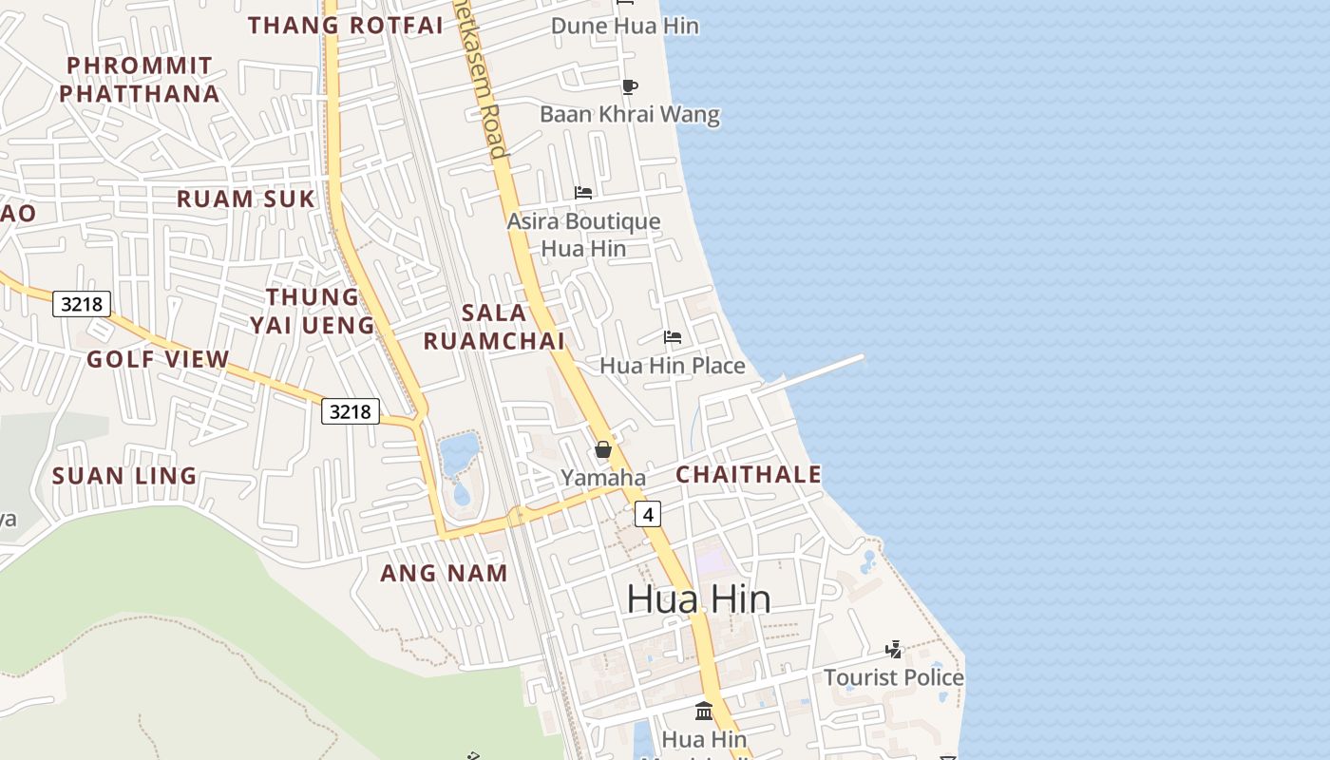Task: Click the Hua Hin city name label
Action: (x=698, y=598)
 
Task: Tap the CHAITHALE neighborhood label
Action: (x=749, y=474)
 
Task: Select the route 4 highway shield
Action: (x=648, y=514)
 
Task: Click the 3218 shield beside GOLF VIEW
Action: (x=82, y=304)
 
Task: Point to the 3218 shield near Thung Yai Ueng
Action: (x=350, y=411)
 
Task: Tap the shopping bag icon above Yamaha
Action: (x=603, y=449)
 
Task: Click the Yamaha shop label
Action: (x=603, y=478)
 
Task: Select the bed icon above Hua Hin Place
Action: (x=673, y=337)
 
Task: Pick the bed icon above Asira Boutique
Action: (x=583, y=193)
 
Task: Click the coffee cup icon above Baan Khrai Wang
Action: (x=629, y=86)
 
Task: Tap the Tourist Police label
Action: (x=893, y=677)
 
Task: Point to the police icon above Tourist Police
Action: (x=893, y=650)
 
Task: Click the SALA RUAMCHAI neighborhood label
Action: (x=494, y=327)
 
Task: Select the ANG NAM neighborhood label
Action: (x=444, y=573)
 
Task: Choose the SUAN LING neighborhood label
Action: (x=124, y=476)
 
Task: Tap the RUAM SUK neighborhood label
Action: (x=245, y=199)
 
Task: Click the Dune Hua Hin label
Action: (x=625, y=26)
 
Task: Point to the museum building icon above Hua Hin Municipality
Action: (x=704, y=711)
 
